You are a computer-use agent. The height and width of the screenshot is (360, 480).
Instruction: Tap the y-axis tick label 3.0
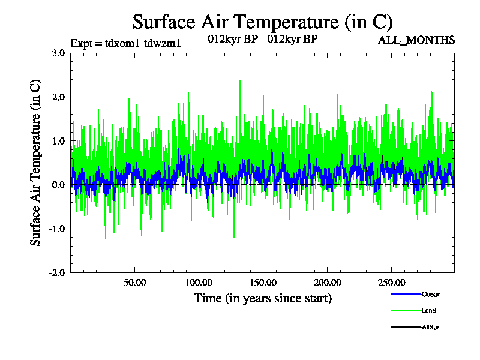coord(58,53)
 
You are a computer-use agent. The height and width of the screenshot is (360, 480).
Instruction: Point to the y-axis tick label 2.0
coord(58,97)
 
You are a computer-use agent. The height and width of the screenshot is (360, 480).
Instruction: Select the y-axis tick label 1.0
coord(58,141)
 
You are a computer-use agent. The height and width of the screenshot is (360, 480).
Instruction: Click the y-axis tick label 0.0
coord(58,185)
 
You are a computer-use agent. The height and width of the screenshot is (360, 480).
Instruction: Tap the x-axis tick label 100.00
coord(198,283)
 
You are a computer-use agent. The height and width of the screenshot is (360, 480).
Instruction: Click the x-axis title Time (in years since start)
coord(262,298)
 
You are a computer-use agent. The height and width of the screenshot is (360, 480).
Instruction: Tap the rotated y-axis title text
coord(36,163)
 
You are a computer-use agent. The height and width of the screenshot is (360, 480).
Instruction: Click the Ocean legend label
coord(431,295)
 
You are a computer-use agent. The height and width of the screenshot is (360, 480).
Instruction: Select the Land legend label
coord(428,311)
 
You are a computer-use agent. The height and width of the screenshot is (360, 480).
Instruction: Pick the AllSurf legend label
coord(431,327)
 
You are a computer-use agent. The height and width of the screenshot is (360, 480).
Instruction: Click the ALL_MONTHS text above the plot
coord(416,40)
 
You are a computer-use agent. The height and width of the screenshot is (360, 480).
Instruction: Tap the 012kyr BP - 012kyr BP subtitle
coord(262,40)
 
